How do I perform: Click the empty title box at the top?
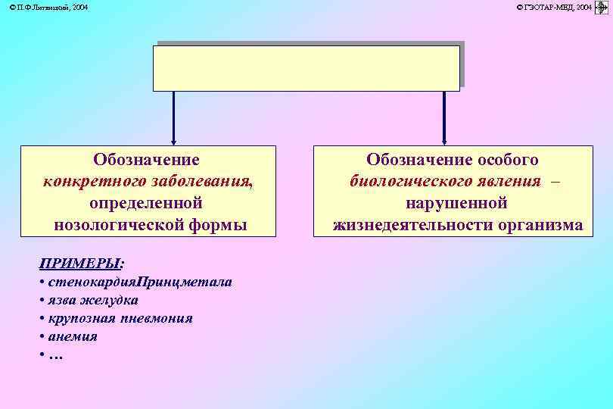(x=306, y=68)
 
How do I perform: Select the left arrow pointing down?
(x=173, y=117)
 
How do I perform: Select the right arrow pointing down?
(x=443, y=117)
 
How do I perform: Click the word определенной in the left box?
(x=146, y=204)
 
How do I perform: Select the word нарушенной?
(x=456, y=204)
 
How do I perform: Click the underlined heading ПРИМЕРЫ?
(x=79, y=264)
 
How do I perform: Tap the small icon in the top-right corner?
(x=602, y=7)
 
